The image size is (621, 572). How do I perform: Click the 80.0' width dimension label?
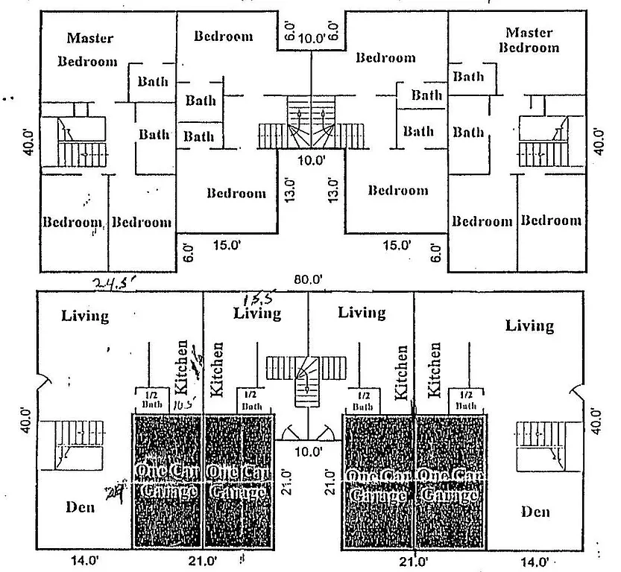tap(308, 280)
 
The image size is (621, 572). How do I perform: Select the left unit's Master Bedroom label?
tap(88, 49)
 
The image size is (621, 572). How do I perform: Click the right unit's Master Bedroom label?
tap(529, 40)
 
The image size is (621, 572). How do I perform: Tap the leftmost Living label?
tap(85, 316)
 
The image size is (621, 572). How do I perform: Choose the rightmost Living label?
tap(529, 325)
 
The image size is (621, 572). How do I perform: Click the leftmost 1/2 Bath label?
tap(152, 400)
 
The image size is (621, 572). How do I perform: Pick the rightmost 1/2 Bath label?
tap(466, 400)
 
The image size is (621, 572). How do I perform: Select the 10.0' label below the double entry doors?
tap(309, 451)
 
